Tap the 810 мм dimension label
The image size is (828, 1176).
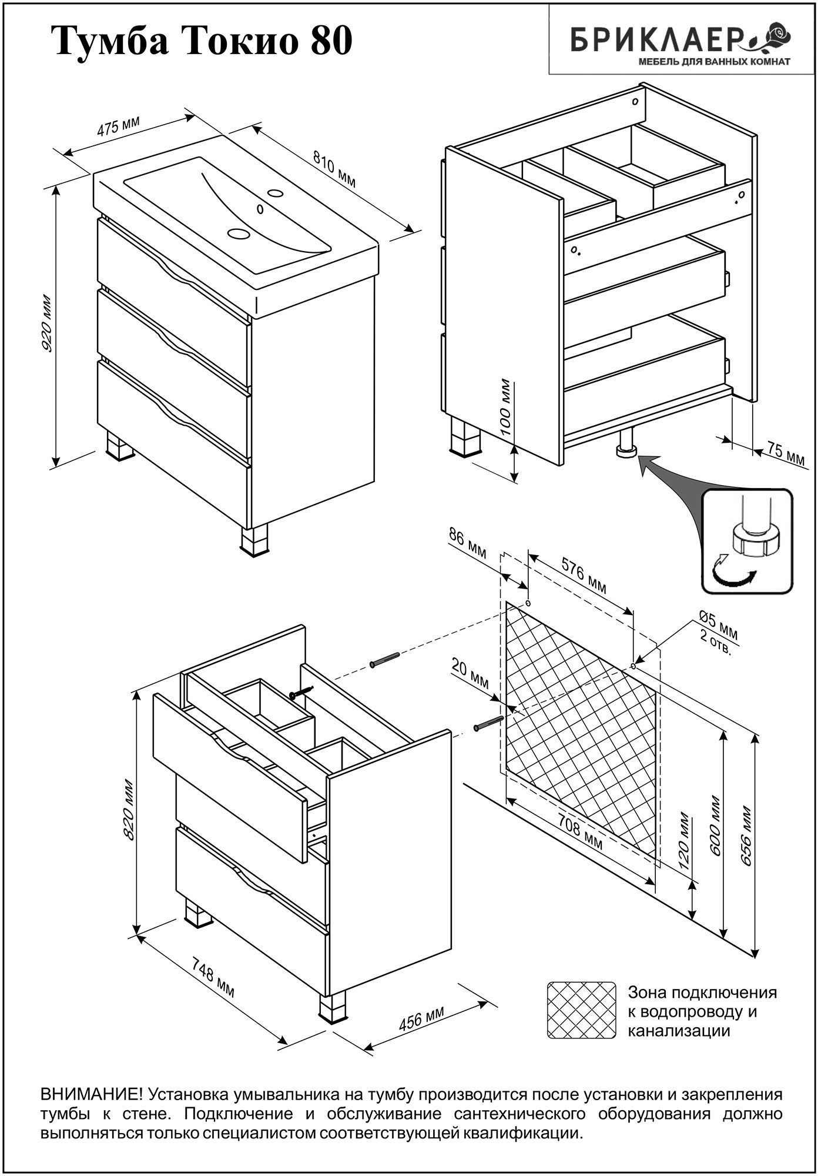tap(334, 169)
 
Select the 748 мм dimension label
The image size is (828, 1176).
tap(213, 976)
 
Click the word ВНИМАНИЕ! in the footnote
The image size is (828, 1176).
tap(92, 1094)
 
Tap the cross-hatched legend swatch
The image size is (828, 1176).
tap(581, 1010)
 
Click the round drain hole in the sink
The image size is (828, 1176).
tap(239, 233)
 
